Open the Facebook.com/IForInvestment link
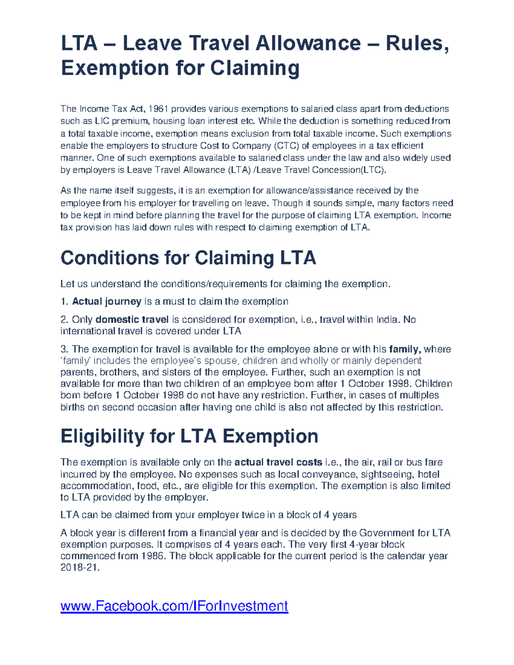[x=174, y=606]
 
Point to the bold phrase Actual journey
[x=107, y=301]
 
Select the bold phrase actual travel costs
[x=278, y=462]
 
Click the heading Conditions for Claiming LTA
[x=188, y=258]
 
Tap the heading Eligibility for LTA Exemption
[x=189, y=436]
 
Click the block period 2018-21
[x=79, y=568]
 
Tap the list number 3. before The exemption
[x=64, y=349]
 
